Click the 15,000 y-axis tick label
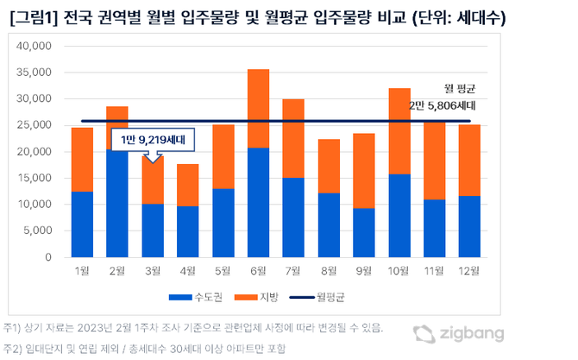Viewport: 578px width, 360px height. pyautogui.click(x=35, y=178)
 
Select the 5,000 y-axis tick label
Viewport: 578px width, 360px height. pyautogui.click(x=37, y=231)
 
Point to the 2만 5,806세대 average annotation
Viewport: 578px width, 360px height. pyautogui.click(x=443, y=104)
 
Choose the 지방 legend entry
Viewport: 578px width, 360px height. pyautogui.click(x=268, y=297)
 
